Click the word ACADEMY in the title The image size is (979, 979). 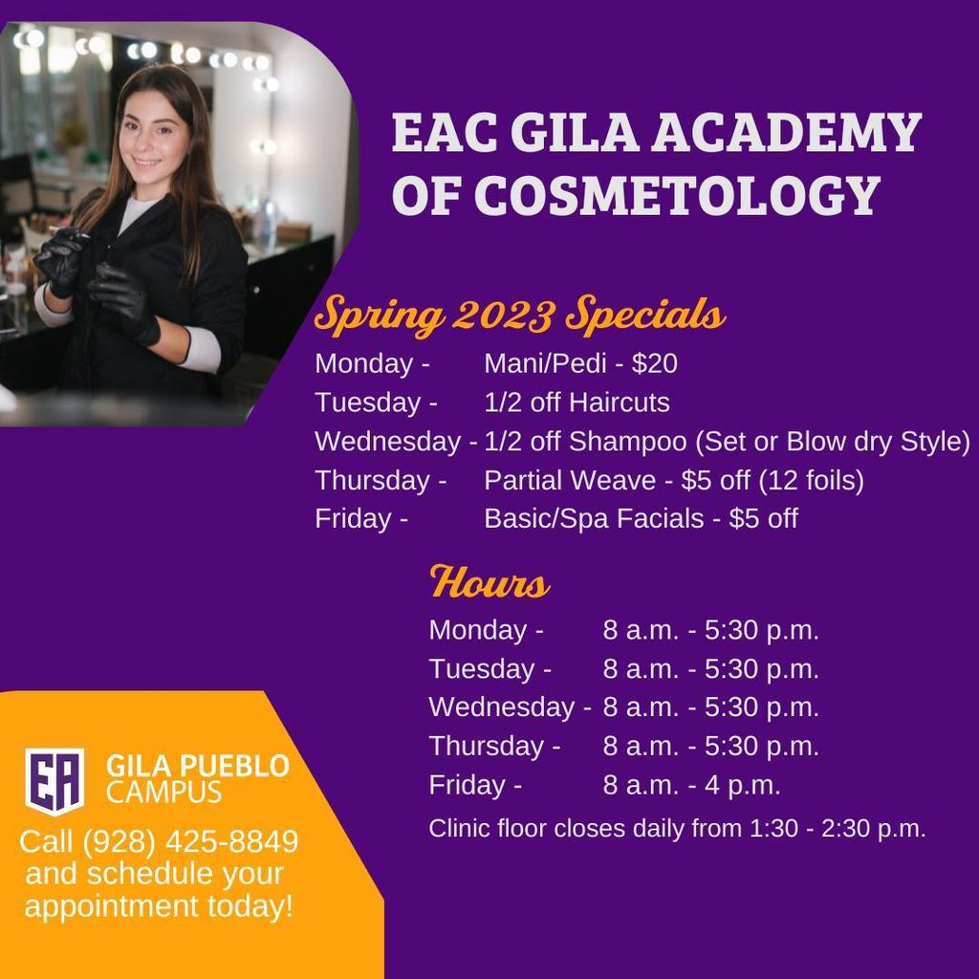tap(786, 132)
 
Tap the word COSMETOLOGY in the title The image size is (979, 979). tap(677, 194)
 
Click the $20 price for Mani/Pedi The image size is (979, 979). tap(654, 363)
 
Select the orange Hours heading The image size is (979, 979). tap(489, 582)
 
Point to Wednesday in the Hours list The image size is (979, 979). tap(501, 707)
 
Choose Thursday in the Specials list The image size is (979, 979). tap(372, 481)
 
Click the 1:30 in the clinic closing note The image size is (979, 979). tap(772, 829)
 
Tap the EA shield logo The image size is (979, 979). tap(54, 780)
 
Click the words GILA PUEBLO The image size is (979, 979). tap(197, 766)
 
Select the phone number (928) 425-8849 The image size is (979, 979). tap(190, 841)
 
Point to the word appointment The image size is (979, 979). tap(111, 906)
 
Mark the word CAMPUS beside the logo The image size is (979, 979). tap(163, 793)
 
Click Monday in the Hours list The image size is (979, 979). tap(478, 630)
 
